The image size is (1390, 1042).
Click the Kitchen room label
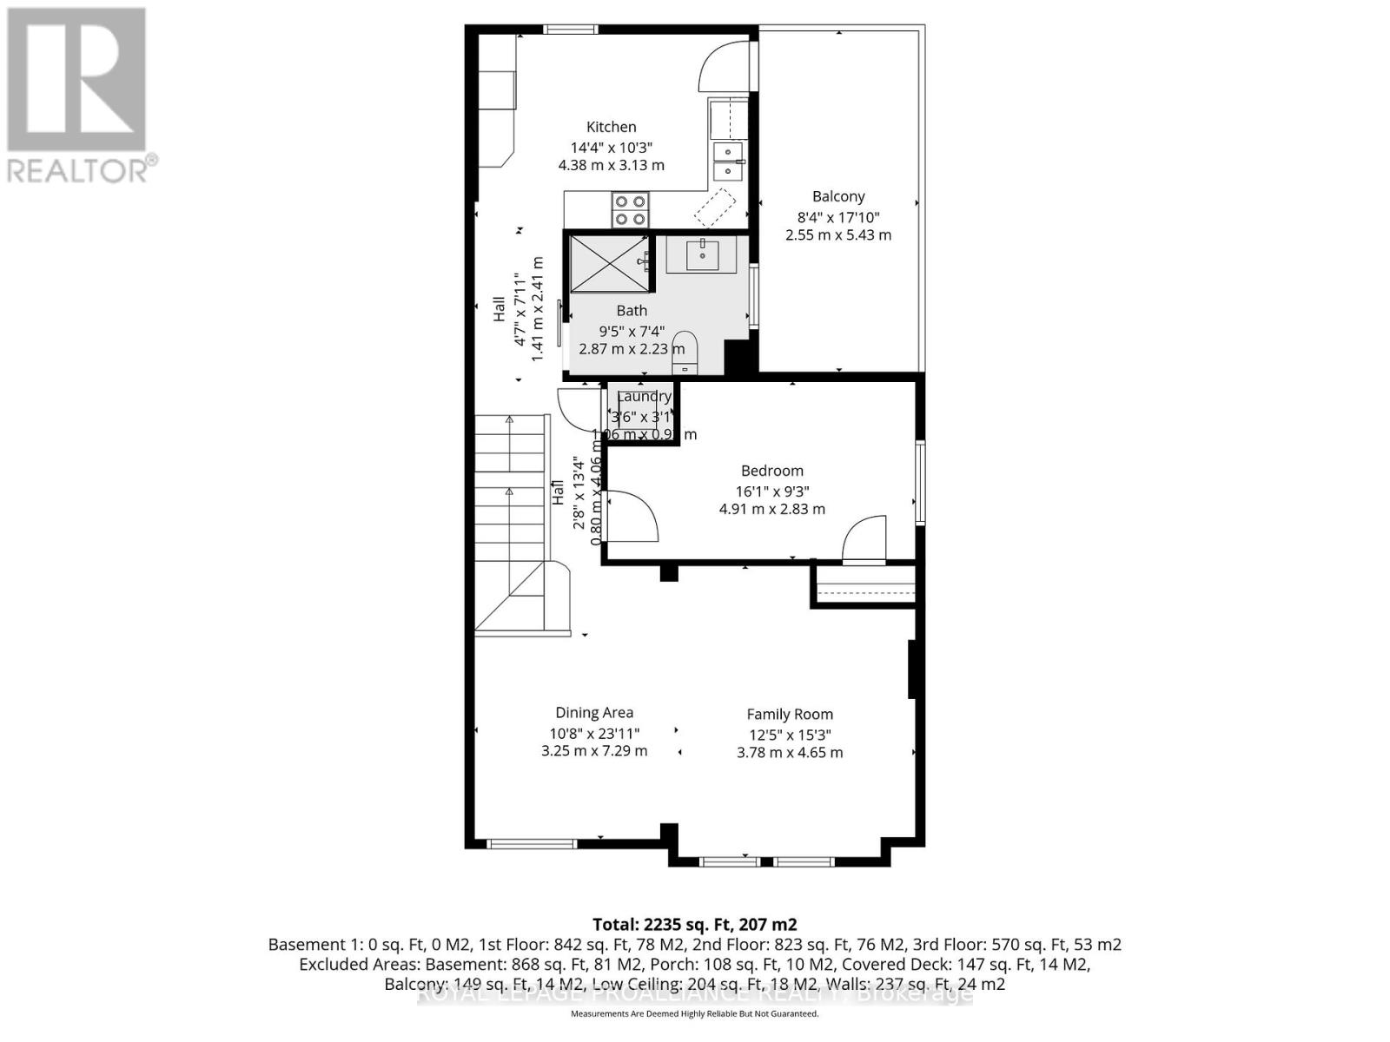(611, 127)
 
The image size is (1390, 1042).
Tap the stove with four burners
(630, 209)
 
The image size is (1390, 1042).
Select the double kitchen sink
(728, 162)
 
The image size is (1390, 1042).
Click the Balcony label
(838, 196)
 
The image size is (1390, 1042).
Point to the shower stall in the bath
(608, 263)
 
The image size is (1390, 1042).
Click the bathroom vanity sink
(702, 255)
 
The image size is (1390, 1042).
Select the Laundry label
(644, 397)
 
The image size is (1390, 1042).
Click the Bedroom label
(771, 471)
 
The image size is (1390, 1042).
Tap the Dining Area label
(594, 713)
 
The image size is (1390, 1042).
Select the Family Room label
(790, 715)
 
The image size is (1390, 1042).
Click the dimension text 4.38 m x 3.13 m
(611, 165)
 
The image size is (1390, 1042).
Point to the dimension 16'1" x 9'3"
(771, 490)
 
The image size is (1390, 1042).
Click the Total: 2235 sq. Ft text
(694, 924)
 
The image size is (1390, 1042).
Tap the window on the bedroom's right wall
(919, 483)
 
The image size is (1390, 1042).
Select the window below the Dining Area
(531, 843)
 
